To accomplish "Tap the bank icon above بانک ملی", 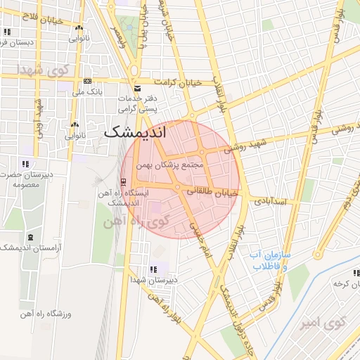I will click(x=87, y=81).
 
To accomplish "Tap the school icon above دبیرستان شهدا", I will click(x=153, y=269).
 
